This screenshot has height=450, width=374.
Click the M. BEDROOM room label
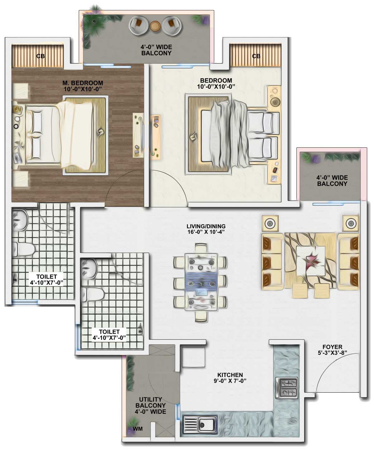[83, 83]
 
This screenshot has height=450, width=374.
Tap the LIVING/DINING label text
[206, 226]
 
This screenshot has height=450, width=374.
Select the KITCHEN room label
[230, 375]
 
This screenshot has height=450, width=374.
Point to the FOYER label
[333, 347]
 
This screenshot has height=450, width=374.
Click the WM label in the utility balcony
[137, 429]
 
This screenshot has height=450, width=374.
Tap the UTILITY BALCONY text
[151, 402]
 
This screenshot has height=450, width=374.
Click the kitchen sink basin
[207, 425]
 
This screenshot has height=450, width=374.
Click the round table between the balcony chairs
[155, 26]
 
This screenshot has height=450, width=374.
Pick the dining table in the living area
[201, 282]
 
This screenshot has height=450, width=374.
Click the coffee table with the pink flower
[311, 261]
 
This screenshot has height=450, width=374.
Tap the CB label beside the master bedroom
[41, 56]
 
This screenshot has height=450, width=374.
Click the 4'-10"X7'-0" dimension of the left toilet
[46, 283]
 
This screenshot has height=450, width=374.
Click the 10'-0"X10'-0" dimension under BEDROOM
[216, 87]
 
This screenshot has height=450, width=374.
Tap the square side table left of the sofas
[270, 223]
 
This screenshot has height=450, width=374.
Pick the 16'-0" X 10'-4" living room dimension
[206, 232]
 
